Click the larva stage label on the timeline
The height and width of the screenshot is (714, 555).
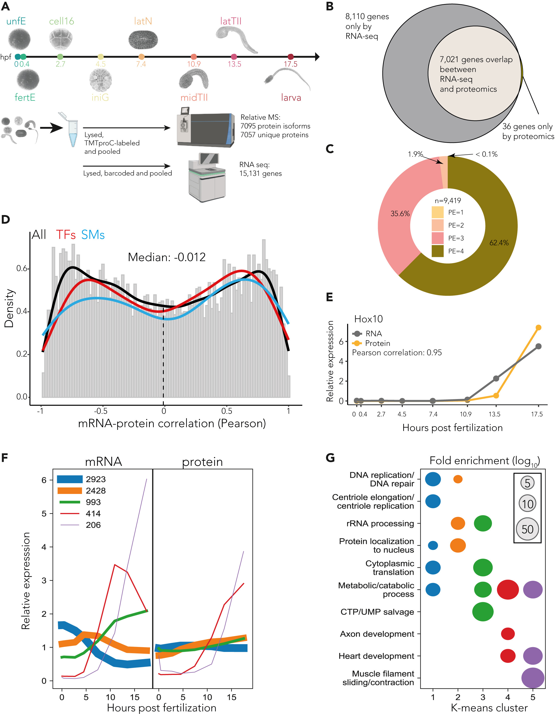291,97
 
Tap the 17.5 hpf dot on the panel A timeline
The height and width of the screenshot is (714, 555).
291,57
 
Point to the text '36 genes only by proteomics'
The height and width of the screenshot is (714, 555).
528,131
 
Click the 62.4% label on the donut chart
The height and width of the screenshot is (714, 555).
499,243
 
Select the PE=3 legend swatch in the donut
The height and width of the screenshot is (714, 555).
438,238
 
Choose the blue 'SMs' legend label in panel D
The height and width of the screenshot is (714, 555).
93,235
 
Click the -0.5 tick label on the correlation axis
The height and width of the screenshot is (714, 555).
100,411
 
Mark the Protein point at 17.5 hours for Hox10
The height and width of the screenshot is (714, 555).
538,327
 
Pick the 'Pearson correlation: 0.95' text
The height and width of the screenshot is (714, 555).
397,352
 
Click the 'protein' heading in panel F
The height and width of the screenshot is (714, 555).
202,462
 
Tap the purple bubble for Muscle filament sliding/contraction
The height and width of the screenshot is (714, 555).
533,678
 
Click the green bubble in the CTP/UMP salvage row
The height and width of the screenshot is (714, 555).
483,612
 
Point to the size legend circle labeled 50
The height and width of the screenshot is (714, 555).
527,529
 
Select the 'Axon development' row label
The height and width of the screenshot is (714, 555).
377,634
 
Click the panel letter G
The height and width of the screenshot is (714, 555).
330,457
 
